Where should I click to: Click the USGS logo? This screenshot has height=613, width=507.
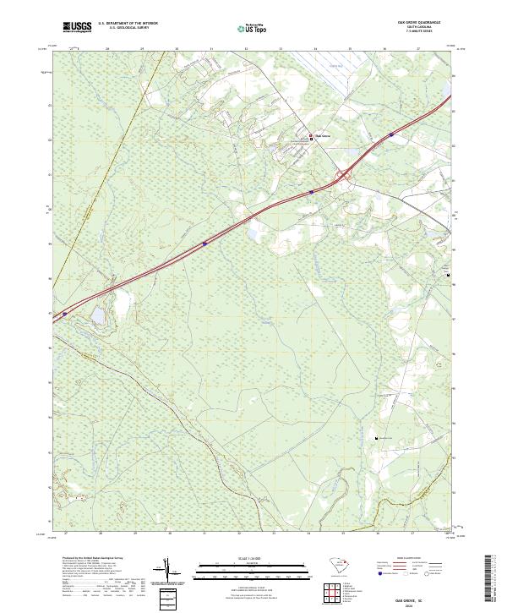point(77,27)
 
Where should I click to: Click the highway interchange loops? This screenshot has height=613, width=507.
point(345,176)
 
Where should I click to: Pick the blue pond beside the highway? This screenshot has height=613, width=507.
point(96,315)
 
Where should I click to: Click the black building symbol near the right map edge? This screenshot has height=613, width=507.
point(448,275)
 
